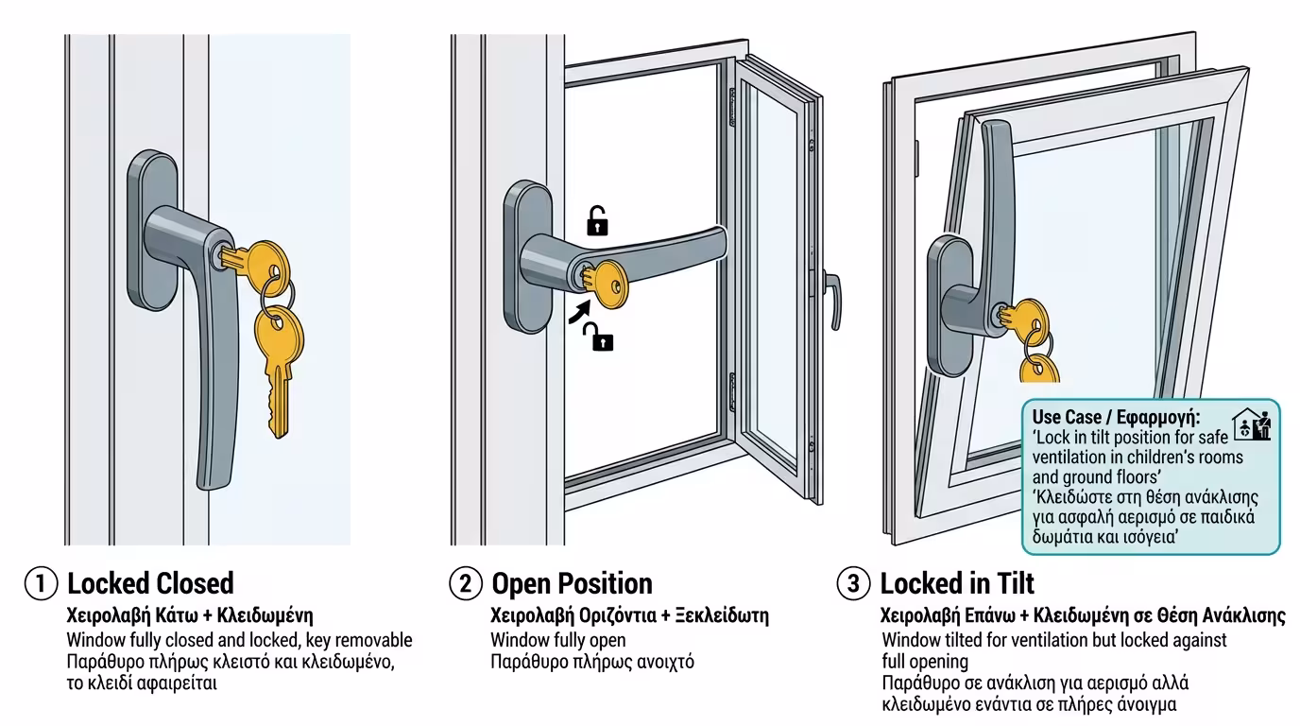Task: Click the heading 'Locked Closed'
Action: point(150,583)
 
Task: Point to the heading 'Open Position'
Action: point(572,583)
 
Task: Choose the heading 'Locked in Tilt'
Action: point(957,583)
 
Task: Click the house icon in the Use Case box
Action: point(1253,424)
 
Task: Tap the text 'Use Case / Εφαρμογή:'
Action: point(1116,417)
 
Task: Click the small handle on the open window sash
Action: point(832,299)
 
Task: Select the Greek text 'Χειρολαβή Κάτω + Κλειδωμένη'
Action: point(190,615)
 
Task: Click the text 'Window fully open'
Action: point(557,640)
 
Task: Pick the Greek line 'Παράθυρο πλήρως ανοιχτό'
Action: point(592,662)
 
